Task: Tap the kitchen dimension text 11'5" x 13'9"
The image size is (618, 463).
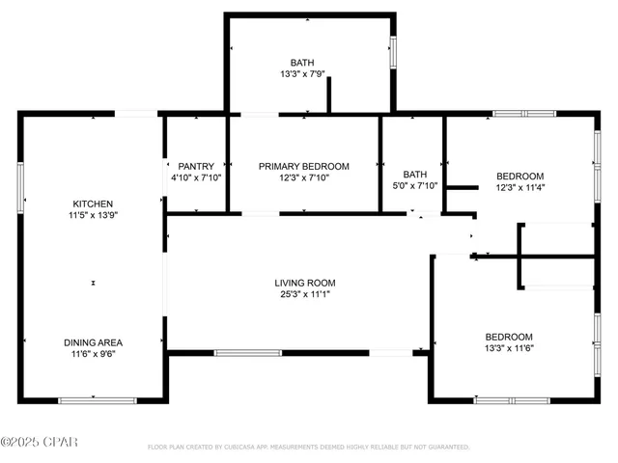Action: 94,216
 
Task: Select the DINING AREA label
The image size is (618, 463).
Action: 94,342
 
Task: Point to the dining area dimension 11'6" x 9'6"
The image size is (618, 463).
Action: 94,355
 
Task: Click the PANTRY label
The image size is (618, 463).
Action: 196,166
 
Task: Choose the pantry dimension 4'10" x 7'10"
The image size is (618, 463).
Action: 196,178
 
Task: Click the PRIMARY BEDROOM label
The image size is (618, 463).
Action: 304,166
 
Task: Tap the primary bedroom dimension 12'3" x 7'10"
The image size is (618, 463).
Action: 304,178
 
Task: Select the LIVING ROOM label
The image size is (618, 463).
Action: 304,283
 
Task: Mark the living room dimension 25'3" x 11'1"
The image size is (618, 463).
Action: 304,295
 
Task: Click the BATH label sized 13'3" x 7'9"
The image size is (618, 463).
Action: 302,63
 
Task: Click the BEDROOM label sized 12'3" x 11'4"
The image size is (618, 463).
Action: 520,176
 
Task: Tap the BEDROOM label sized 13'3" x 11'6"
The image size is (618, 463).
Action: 509,336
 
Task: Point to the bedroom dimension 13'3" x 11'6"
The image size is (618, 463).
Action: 509,348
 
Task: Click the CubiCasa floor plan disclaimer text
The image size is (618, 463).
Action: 308,448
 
